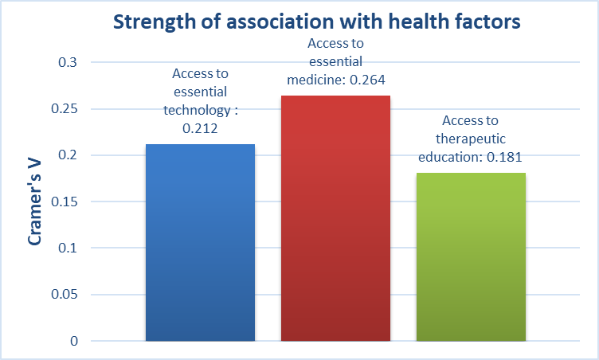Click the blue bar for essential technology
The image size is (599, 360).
tap(200, 243)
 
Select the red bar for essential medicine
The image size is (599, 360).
tap(335, 219)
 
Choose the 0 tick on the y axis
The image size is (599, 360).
tap(74, 342)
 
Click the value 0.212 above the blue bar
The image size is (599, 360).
tap(200, 127)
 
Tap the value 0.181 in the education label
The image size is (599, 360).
tap(502, 157)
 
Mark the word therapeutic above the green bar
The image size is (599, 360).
tap(471, 139)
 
